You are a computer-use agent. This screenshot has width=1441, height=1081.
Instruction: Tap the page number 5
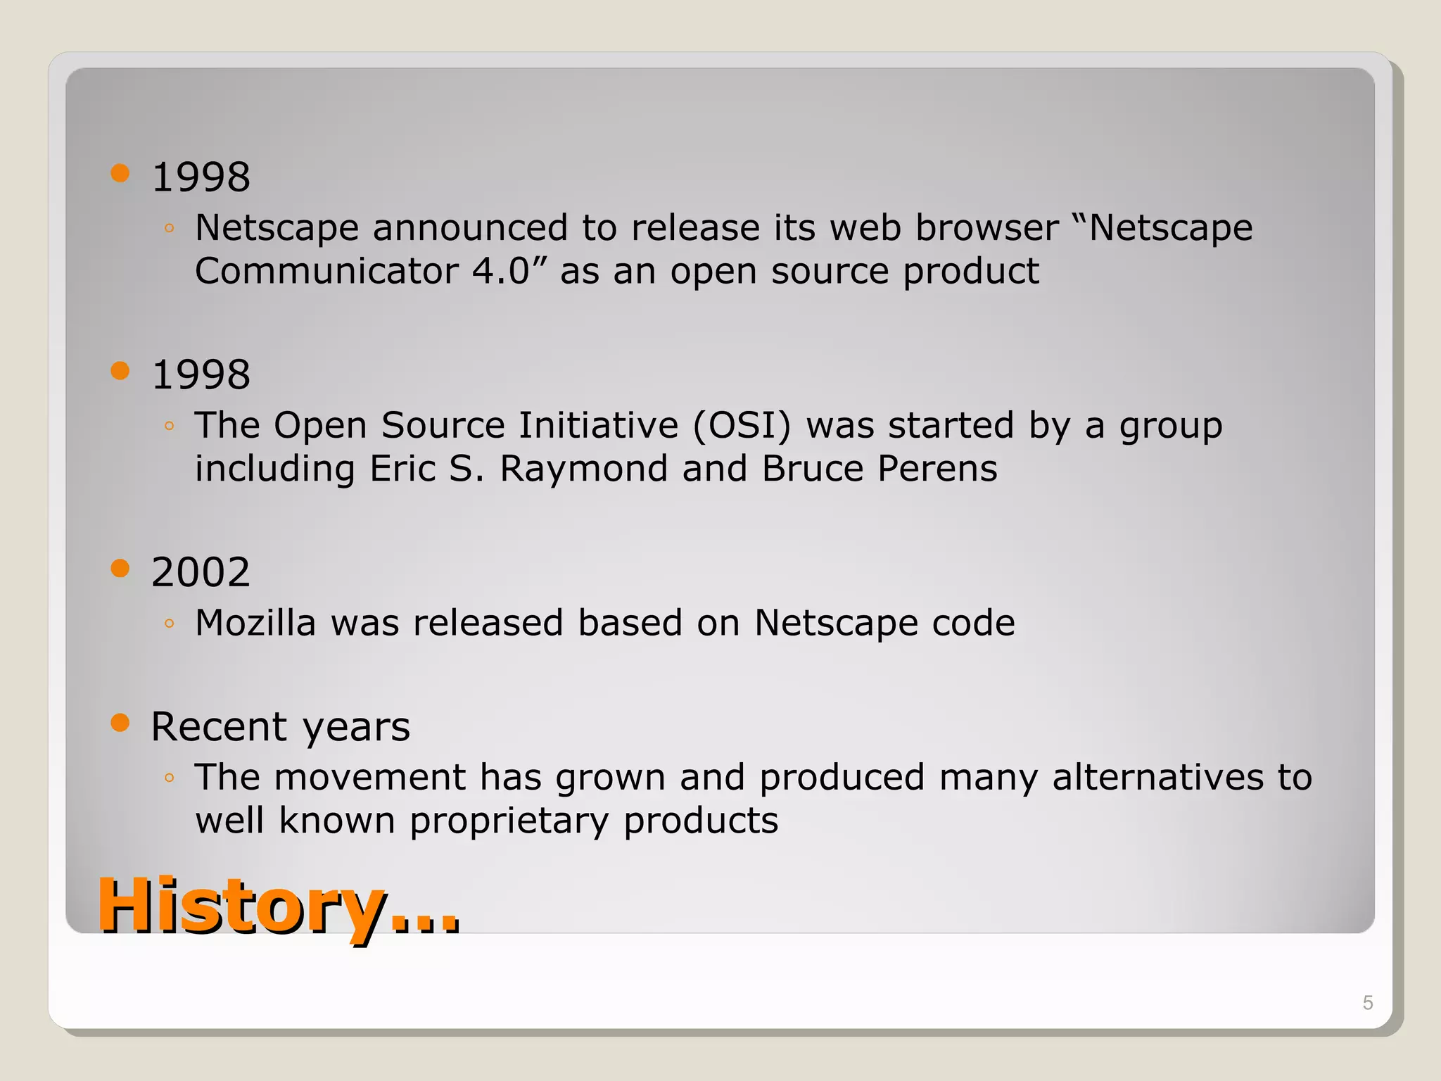1368,1003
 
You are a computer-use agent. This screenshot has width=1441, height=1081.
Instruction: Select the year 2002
201,571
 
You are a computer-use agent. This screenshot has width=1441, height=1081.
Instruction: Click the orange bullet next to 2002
120,568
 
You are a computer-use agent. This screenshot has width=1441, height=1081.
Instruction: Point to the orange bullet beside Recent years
120,723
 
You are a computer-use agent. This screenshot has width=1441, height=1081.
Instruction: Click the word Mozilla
255,623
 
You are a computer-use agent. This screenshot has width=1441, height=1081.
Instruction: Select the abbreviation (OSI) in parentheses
742,425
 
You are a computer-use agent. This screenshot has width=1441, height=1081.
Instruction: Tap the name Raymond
583,469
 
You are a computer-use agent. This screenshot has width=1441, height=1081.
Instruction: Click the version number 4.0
500,271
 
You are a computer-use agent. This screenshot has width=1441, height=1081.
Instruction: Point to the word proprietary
509,821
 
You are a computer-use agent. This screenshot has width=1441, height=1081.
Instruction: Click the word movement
369,778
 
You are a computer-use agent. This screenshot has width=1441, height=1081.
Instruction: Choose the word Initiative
598,425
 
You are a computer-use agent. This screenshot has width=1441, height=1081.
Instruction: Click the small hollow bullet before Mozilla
169,623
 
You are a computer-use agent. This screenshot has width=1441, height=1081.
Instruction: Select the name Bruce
812,469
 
